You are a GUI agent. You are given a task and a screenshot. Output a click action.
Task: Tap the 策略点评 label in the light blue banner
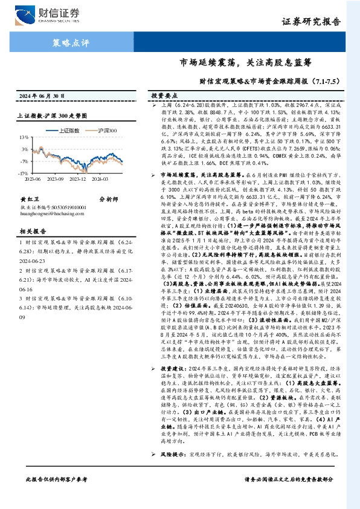coord(71,43)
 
